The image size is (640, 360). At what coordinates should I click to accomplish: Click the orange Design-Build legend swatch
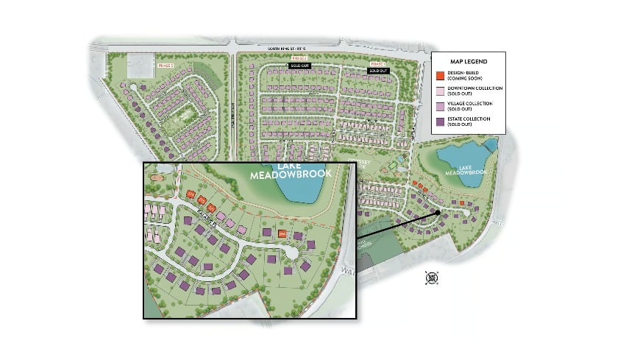(439, 75)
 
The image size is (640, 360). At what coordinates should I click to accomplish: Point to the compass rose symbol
(433, 278)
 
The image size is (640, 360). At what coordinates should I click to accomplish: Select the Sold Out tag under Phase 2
(299, 66)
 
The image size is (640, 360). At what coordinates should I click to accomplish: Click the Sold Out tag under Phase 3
(377, 71)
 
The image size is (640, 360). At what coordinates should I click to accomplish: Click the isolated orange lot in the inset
(282, 233)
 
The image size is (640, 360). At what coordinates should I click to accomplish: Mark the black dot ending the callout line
(438, 212)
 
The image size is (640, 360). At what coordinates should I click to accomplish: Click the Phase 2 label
(299, 57)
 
